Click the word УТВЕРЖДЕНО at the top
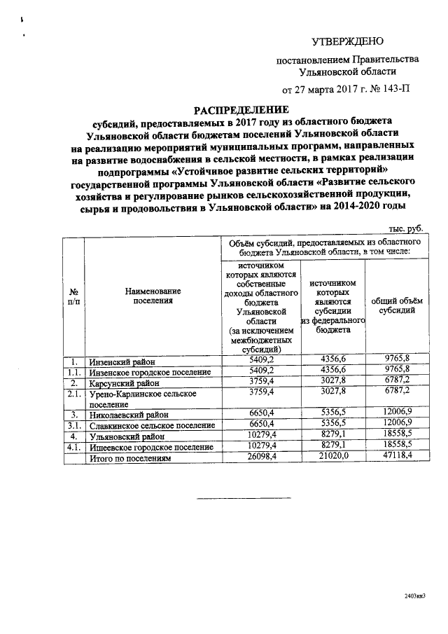pyautogui.click(x=347, y=42)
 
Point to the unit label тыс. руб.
pyautogui.click(x=406, y=229)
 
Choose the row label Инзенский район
pyautogui.click(x=120, y=362)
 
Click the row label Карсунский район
pyautogui.click(x=123, y=383)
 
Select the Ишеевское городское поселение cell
pyautogui.click(x=150, y=446)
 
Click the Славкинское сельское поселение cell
pyautogui.click(x=151, y=425)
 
